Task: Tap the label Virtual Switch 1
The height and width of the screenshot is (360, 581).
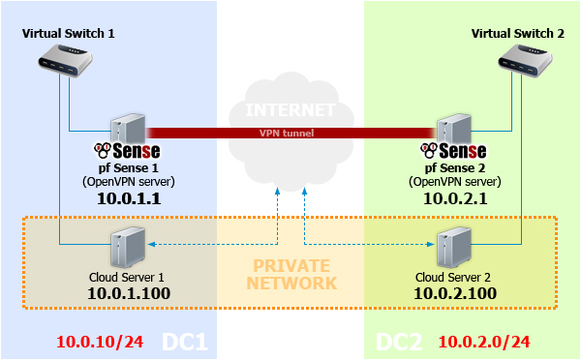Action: tap(69, 33)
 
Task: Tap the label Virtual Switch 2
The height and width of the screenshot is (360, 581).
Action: tap(517, 33)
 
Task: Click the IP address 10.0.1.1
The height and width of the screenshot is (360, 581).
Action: tap(129, 197)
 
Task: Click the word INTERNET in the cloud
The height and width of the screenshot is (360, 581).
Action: tap(290, 109)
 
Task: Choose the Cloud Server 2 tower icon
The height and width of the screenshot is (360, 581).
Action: tap(453, 247)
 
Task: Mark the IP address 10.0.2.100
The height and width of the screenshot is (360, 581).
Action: tap(454, 292)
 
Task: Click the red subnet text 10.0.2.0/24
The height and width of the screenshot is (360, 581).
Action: tap(484, 342)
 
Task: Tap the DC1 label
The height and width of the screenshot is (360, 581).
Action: tap(184, 342)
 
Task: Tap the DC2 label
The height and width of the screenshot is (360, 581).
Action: tap(397, 342)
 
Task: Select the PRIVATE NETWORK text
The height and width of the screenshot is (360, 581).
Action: tap(290, 274)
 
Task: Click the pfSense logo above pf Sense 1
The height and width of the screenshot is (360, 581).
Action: tap(127, 151)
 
